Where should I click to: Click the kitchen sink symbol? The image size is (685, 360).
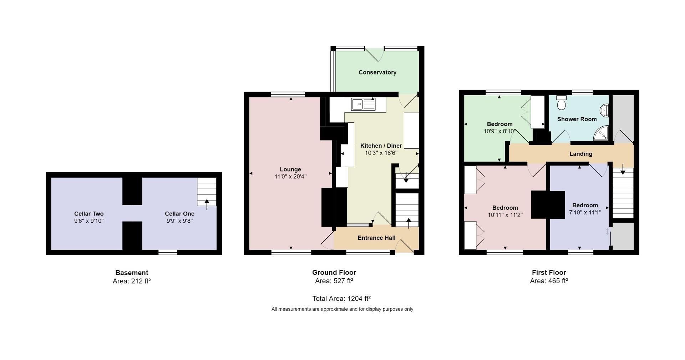click(x=363, y=104)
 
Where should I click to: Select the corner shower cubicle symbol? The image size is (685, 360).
click(x=602, y=133)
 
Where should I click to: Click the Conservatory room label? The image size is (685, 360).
click(x=377, y=72)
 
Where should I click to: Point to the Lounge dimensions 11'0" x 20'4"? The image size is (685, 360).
click(x=290, y=176)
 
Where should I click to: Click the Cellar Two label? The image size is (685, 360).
click(x=89, y=214)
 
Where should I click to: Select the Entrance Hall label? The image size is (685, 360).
click(x=376, y=238)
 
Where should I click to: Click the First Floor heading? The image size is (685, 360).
click(x=548, y=273)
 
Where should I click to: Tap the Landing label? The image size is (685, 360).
click(x=580, y=154)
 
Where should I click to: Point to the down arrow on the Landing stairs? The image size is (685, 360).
click(x=623, y=170)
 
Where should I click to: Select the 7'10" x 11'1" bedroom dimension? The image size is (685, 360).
click(x=585, y=212)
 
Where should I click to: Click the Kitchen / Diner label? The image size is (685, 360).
click(x=381, y=146)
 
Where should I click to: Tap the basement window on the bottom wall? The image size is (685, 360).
click(x=168, y=252)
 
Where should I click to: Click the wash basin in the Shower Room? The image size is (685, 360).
click(x=605, y=110)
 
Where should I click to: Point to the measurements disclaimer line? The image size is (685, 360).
click(x=342, y=309)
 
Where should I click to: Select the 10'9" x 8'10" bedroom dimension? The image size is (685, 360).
click(x=499, y=131)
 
